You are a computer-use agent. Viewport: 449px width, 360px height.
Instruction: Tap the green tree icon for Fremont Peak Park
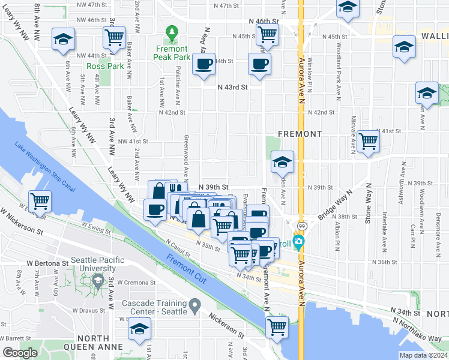pyautogui.click(x=172, y=30)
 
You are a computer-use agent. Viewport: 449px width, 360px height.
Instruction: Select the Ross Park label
pyautogui.click(x=105, y=66)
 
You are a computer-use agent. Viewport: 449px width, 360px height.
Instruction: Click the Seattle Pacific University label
pyautogui.click(x=97, y=264)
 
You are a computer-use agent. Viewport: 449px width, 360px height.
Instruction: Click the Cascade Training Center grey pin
pyautogui.click(x=194, y=307)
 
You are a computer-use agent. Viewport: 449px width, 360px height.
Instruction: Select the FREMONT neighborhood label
pyautogui.click(x=300, y=134)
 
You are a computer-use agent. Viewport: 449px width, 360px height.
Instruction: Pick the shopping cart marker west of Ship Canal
pyautogui.click(x=40, y=201)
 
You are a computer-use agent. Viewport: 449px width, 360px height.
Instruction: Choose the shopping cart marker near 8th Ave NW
pyautogui.click(x=114, y=37)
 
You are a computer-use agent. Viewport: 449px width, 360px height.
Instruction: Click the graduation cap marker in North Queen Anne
pyautogui.click(x=140, y=329)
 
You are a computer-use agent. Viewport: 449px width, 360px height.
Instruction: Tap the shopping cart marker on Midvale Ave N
pyautogui.click(x=368, y=142)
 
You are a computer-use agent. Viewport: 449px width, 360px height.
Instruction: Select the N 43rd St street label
pyautogui.click(x=233, y=87)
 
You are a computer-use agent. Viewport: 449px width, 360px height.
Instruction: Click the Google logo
pyautogui.click(x=20, y=353)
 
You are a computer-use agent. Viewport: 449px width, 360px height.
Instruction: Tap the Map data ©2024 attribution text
pyautogui.click(x=423, y=355)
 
